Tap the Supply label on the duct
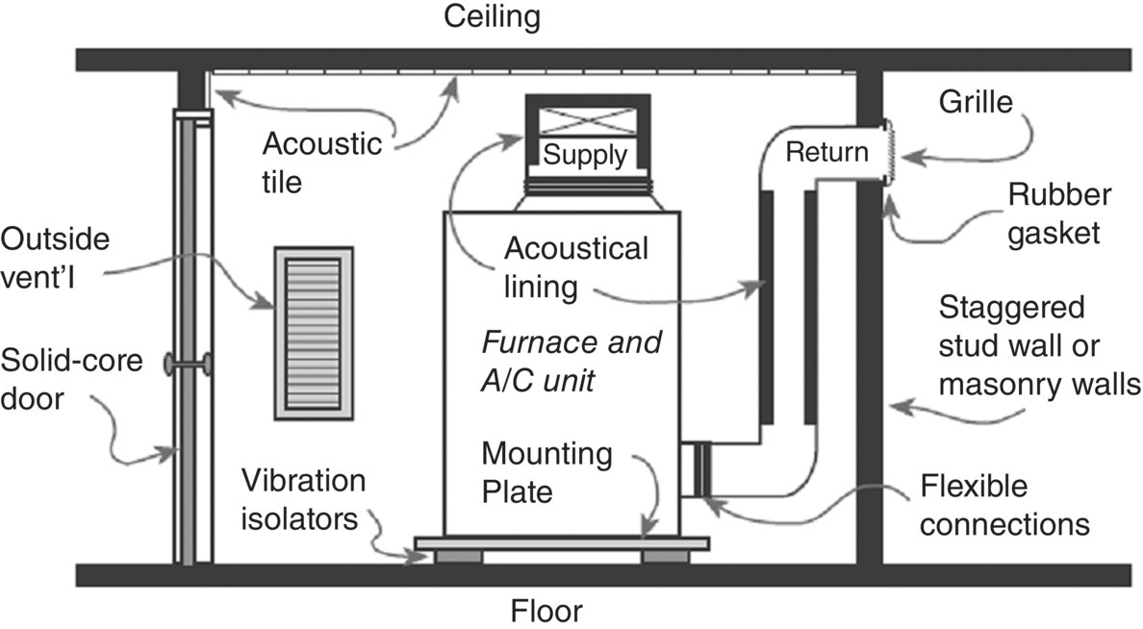pyautogui.click(x=585, y=154)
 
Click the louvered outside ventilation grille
pyautogui.click(x=314, y=333)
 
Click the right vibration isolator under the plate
pyautogui.click(x=665, y=557)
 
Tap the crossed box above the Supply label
pyautogui.click(x=585, y=119)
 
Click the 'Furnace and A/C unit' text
pyautogui.click(x=571, y=360)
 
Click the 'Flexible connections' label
pyautogui.click(x=1003, y=505)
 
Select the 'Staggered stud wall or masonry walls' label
pyautogui.click(x=1037, y=346)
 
